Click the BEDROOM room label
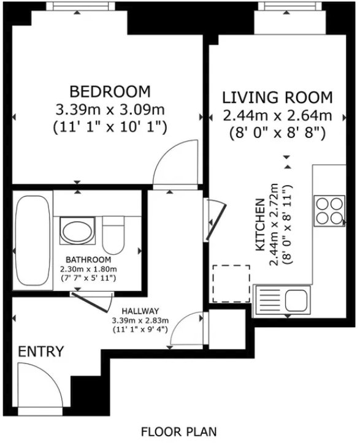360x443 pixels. pos(110,92)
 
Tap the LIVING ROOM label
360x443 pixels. pos(277,97)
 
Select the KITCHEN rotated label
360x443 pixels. pos(261,227)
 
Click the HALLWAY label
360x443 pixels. pos(140,311)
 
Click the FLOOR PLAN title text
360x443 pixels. pos(178,431)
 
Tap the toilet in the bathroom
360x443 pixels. pos(114,236)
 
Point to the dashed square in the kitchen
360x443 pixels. pos(231,284)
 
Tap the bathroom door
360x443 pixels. pos(93,301)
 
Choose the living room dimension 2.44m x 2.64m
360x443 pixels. pos(277,115)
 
